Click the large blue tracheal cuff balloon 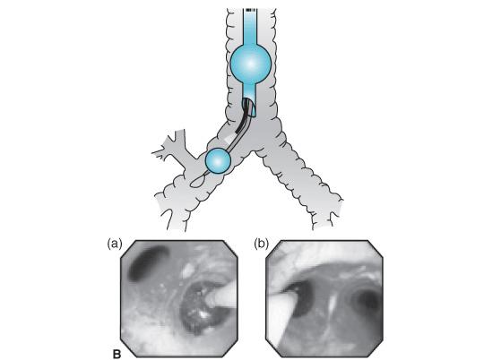click(x=251, y=64)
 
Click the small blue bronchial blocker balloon click(x=218, y=160)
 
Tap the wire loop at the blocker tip click(x=197, y=182)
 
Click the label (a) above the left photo click(x=115, y=244)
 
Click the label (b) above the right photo click(x=261, y=244)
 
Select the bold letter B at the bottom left click(x=117, y=354)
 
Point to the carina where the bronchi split click(x=254, y=150)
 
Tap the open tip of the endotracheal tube click(x=249, y=107)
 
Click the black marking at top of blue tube click(x=250, y=10)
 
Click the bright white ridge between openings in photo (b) click(x=332, y=304)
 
